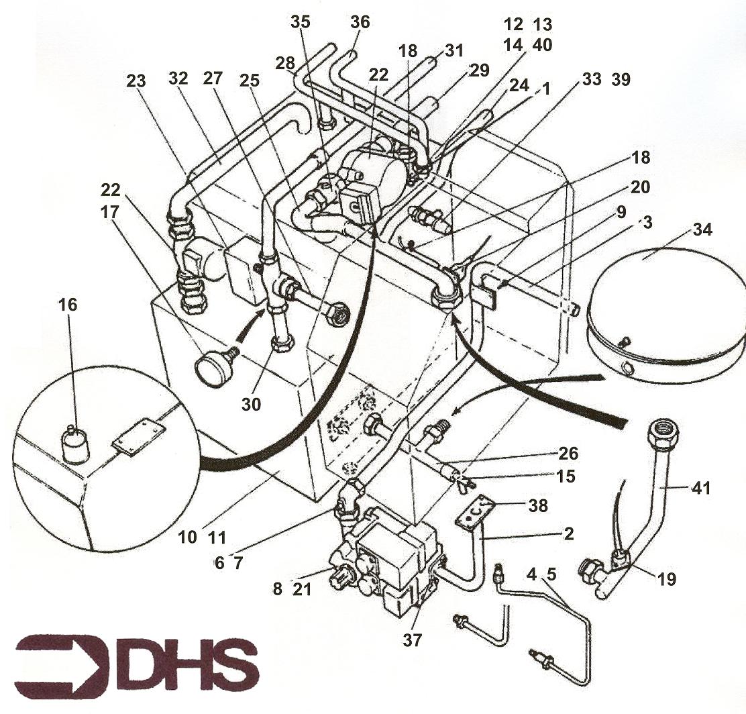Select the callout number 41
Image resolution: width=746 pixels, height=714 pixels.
pyautogui.click(x=700, y=488)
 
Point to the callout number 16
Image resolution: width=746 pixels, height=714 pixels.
pyautogui.click(x=68, y=305)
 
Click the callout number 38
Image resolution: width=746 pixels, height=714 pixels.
pyautogui.click(x=538, y=505)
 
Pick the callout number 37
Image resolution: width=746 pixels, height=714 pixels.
pyautogui.click(x=412, y=640)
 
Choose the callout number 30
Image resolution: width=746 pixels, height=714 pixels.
pyautogui.click(x=251, y=404)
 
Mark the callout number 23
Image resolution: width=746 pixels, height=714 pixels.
pyautogui.click(x=136, y=81)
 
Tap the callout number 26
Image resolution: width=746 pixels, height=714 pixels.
pyautogui.click(x=568, y=453)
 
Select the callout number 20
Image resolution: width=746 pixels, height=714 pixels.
pyautogui.click(x=640, y=187)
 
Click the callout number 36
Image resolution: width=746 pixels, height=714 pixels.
pyautogui.click(x=360, y=22)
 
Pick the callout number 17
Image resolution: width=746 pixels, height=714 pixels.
pyautogui.click(x=109, y=212)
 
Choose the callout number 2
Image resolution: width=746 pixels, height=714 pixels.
pyautogui.click(x=568, y=533)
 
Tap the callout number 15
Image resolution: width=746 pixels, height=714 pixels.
pyautogui.click(x=566, y=476)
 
